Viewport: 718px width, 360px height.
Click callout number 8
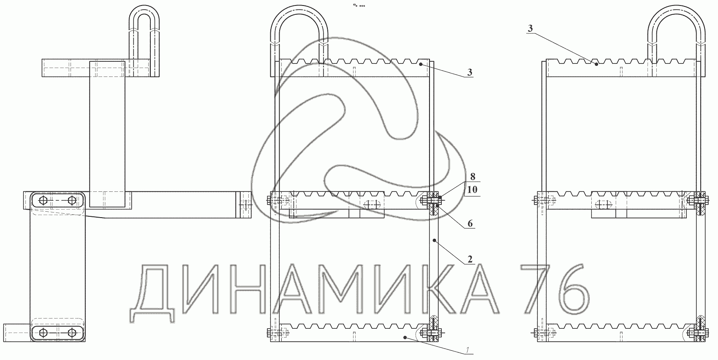tap(473, 177)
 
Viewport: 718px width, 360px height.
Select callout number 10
tap(472, 190)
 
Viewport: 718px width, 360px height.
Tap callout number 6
tap(470, 224)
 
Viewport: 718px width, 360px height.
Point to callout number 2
tap(470, 259)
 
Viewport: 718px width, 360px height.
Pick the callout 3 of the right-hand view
tap(530, 29)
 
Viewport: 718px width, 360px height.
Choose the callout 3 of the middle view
tap(470, 72)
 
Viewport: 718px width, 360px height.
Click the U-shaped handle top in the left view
tap(144, 10)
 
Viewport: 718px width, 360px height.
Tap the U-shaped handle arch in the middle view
tap(299, 10)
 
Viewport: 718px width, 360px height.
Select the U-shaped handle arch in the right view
tap(676, 10)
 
